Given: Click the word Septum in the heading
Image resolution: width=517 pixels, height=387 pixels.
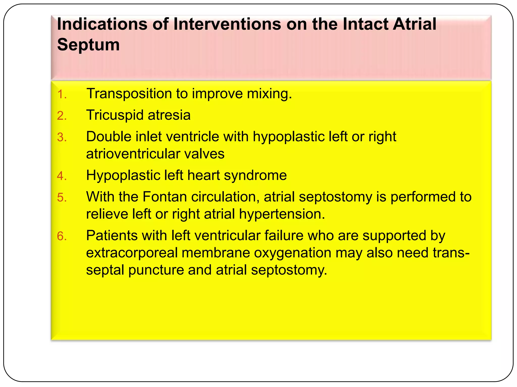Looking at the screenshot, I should coord(88,45).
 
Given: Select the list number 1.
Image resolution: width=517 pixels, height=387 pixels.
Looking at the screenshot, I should coord(62,94).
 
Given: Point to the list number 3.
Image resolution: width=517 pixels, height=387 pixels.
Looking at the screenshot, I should coord(62,138).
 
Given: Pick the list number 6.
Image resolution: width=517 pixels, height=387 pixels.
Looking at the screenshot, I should coord(62,236).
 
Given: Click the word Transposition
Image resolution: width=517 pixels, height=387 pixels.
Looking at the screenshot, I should coord(129,94).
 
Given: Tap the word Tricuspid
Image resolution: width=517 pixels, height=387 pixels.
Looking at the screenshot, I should coord(115,115).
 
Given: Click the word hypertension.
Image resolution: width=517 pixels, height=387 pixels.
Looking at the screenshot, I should coord(282,214).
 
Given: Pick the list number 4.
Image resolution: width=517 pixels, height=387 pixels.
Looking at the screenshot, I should coord(62,176).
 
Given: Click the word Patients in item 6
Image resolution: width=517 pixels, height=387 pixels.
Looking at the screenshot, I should coord(112,236).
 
